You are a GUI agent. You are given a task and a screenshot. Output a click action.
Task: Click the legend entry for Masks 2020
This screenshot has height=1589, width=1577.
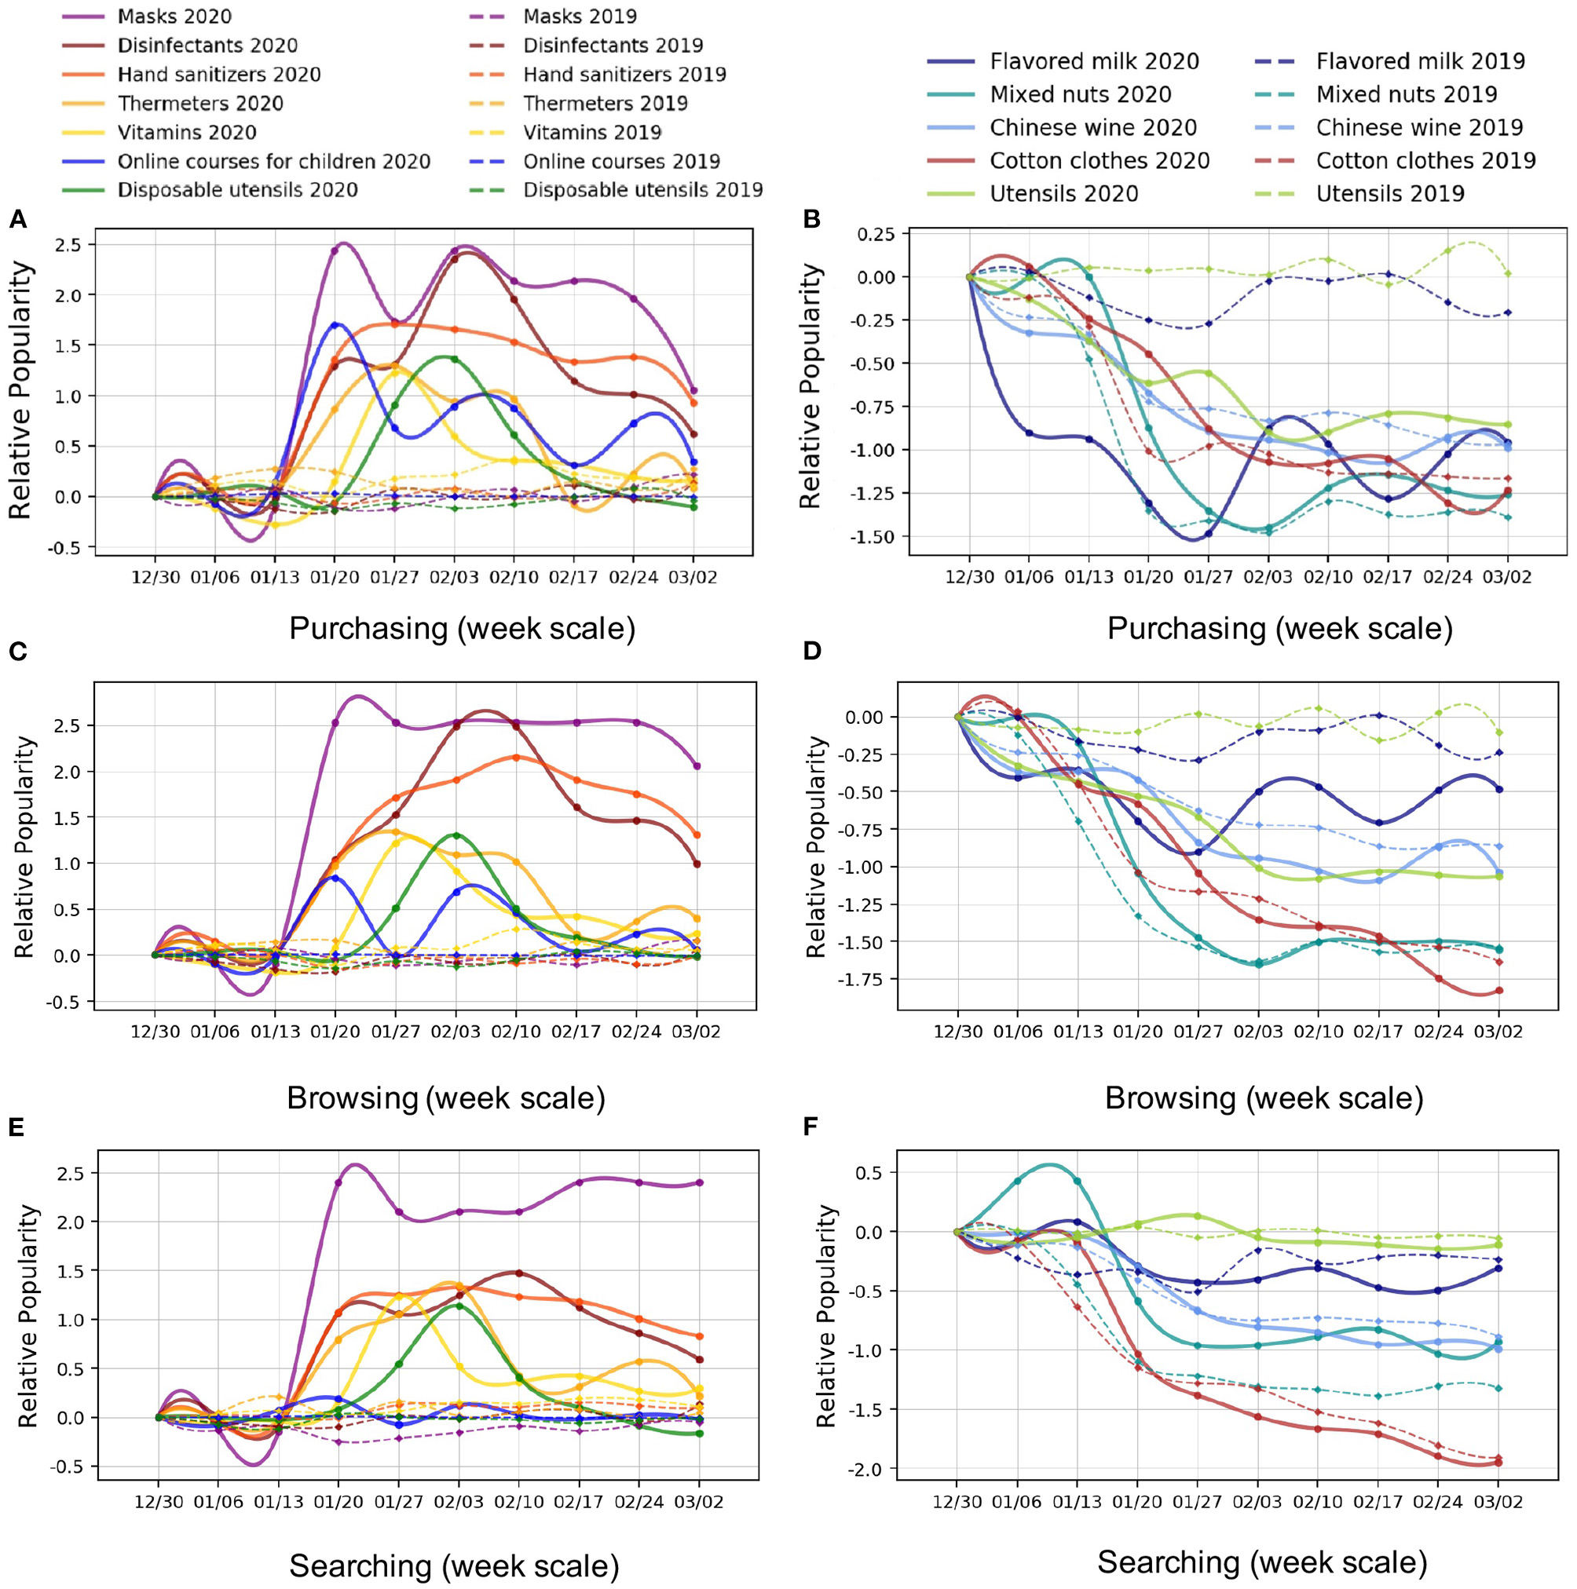pos(174,16)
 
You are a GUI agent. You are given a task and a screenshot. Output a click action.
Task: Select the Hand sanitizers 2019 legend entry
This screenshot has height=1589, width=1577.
pos(624,74)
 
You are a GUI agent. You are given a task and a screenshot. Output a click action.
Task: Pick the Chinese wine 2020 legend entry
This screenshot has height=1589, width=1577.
pos(1092,127)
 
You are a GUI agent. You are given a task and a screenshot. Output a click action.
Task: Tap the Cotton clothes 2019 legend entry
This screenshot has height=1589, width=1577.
pos(1425,160)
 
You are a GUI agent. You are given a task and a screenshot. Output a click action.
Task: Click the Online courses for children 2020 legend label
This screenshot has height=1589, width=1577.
pos(273,161)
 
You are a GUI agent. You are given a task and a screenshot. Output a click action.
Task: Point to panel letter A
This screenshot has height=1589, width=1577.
pos(17,220)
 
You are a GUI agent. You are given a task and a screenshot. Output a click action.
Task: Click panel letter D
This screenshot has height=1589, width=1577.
pos(812,652)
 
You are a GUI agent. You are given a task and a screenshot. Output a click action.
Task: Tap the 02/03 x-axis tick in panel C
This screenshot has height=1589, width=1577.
pos(456,1032)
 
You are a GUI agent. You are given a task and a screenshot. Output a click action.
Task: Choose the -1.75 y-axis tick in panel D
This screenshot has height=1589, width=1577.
pos(862,980)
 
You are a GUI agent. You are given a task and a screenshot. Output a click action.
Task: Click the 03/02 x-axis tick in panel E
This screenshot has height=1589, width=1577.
pos(699,1503)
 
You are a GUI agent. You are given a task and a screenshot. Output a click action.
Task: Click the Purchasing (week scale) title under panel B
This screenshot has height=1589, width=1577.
pos(1279,628)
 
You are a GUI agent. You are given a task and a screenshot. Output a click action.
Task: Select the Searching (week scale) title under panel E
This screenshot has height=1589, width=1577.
pos(453,1565)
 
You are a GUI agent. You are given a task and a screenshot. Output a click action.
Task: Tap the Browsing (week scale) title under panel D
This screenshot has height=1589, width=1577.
pos(1264,1098)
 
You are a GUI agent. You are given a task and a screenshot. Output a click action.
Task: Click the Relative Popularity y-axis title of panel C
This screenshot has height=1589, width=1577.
pos(24,846)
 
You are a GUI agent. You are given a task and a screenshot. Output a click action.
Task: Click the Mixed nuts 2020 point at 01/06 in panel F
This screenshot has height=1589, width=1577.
pos(1017,1181)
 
